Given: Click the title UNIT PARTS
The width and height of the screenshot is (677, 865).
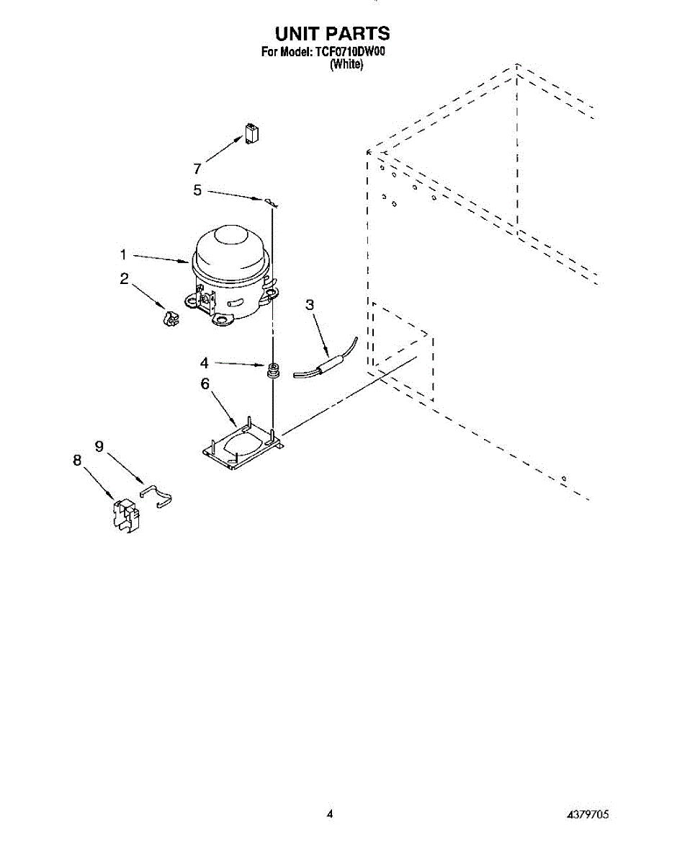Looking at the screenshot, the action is (x=332, y=33).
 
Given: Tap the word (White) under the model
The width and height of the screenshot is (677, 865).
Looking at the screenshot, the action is (x=346, y=64).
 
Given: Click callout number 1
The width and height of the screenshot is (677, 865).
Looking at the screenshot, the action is (x=124, y=254).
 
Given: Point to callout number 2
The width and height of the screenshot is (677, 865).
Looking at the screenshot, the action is (x=125, y=279).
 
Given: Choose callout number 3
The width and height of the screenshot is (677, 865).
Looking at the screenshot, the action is (x=310, y=305).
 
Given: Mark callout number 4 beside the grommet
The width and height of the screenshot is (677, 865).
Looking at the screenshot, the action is (x=205, y=363).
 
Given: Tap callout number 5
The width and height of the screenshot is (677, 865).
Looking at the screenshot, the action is (x=197, y=190).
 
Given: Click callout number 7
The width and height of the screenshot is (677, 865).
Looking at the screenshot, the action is (x=197, y=169).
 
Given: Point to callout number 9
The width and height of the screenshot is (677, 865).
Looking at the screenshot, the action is (x=99, y=447).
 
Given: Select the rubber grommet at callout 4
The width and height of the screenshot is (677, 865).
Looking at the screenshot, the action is (x=273, y=371).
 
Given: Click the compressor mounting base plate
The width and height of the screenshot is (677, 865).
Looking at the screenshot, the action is (x=241, y=447).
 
